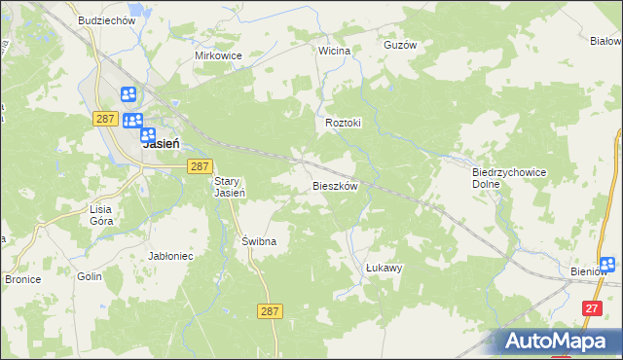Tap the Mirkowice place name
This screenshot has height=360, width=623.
coord(217,56)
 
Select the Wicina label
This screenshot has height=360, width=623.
coord(334,50)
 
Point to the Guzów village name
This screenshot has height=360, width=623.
coord(400,45)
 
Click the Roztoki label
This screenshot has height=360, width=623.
coord(343,124)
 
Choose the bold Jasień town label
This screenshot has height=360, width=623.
coord(161,143)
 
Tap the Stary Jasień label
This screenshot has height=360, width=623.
coord(230,187)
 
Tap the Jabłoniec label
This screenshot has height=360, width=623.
coord(170,256)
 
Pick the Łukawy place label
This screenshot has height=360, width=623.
coord(384,267)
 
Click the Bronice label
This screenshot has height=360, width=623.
coord(21,279)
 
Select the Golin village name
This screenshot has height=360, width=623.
coord(90,277)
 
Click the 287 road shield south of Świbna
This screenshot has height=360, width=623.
coord(272,310)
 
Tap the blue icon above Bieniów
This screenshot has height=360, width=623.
coord(607,264)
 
